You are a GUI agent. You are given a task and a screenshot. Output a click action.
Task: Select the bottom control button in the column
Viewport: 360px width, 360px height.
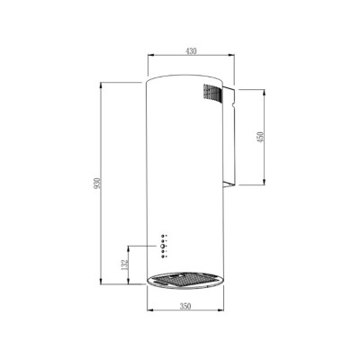164,258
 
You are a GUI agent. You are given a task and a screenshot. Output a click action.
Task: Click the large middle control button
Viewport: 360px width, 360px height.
164,243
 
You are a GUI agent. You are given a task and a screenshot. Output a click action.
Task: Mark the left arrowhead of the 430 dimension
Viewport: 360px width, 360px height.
148,59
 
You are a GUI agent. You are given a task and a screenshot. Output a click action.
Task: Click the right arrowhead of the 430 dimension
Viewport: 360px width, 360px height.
234,59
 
